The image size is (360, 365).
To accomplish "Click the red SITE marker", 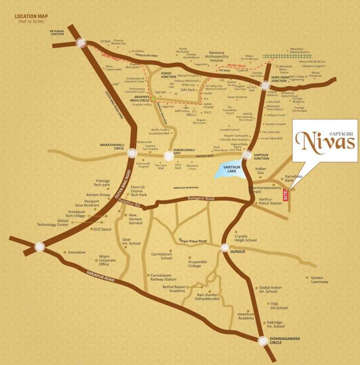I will [x=285, y=195].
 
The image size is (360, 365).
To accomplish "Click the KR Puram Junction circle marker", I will [x=80, y=43].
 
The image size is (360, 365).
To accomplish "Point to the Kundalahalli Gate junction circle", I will [x=169, y=155].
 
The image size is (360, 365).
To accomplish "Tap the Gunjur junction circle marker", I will [x=225, y=247].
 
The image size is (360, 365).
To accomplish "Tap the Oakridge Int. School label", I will [x=275, y=324].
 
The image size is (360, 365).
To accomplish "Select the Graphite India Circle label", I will [x=132, y=96].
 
